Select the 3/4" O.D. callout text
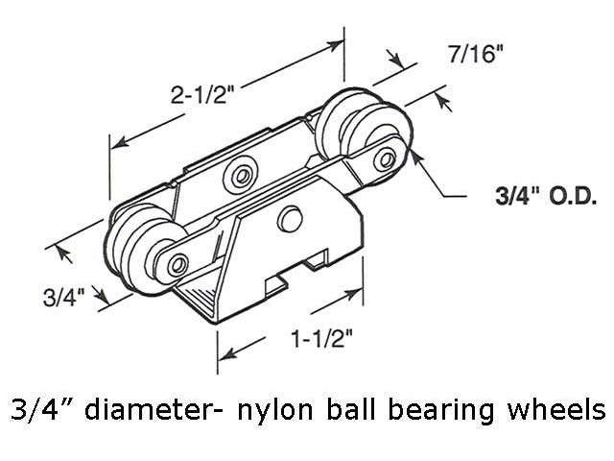coord(529,199)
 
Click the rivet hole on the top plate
coord(236,174)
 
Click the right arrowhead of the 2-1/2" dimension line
coord(342,44)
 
